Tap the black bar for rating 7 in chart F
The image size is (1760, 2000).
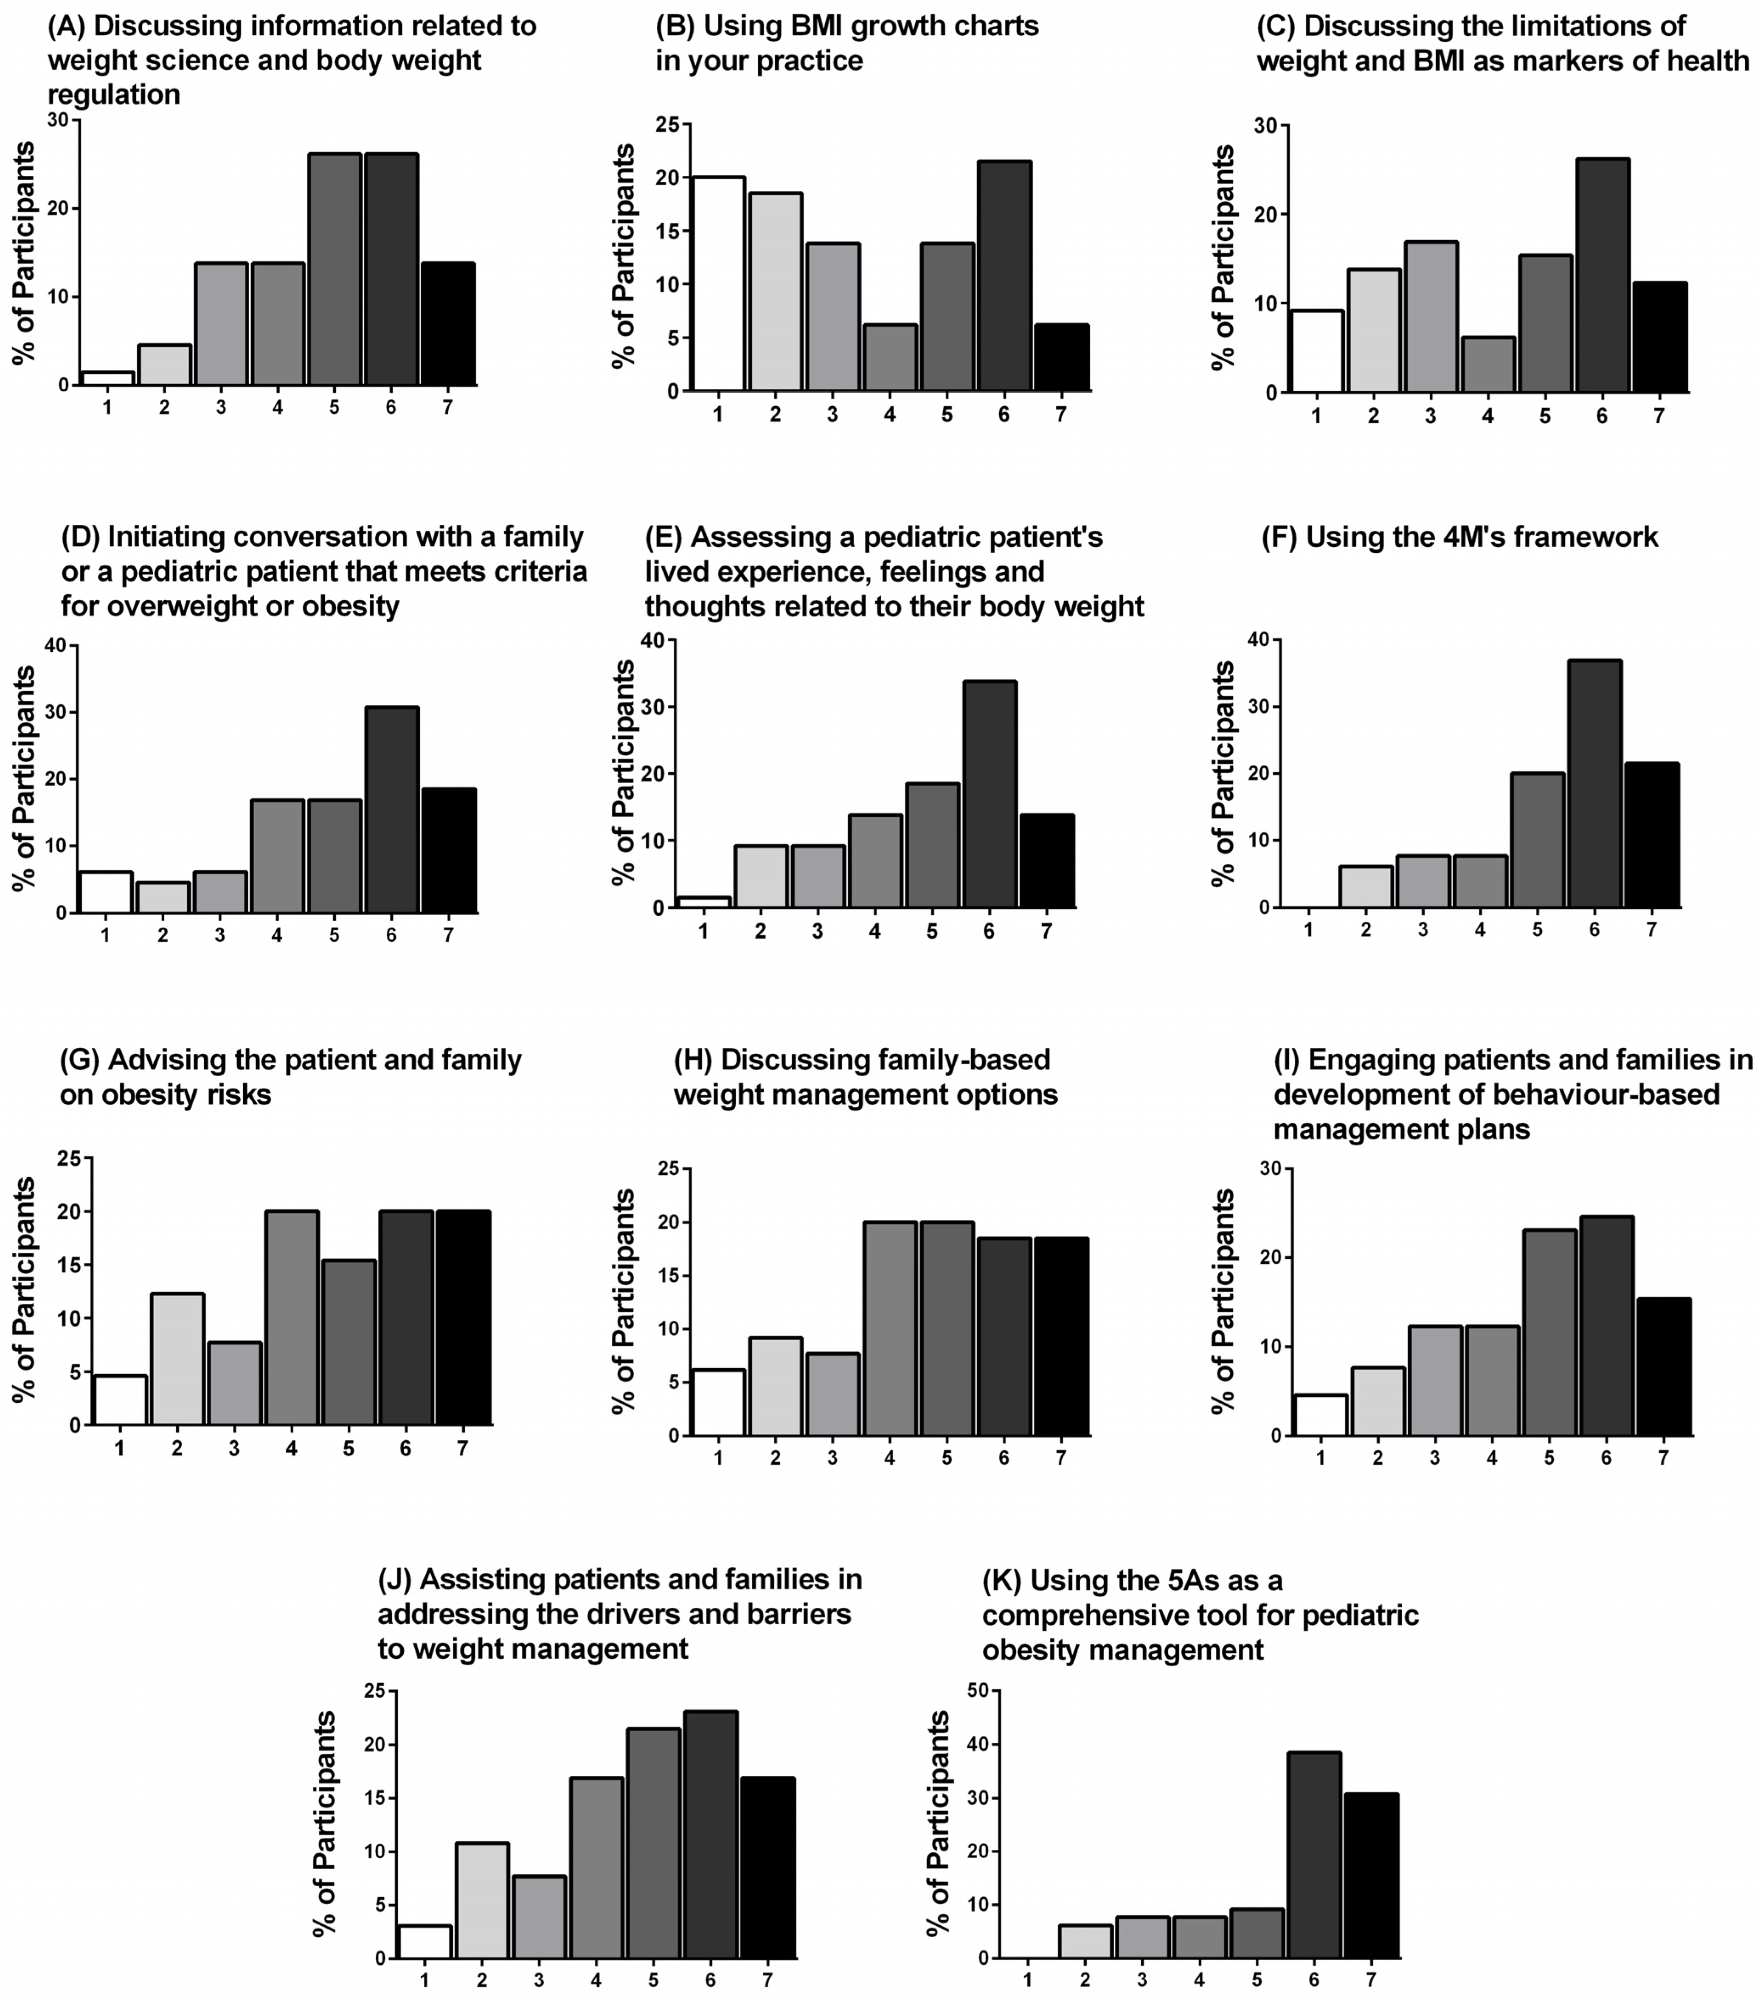[x=1651, y=835]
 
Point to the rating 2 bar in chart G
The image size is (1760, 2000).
[x=177, y=1359]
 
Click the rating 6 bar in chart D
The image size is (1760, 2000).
[x=391, y=809]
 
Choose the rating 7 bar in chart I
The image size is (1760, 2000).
[x=1663, y=1367]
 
